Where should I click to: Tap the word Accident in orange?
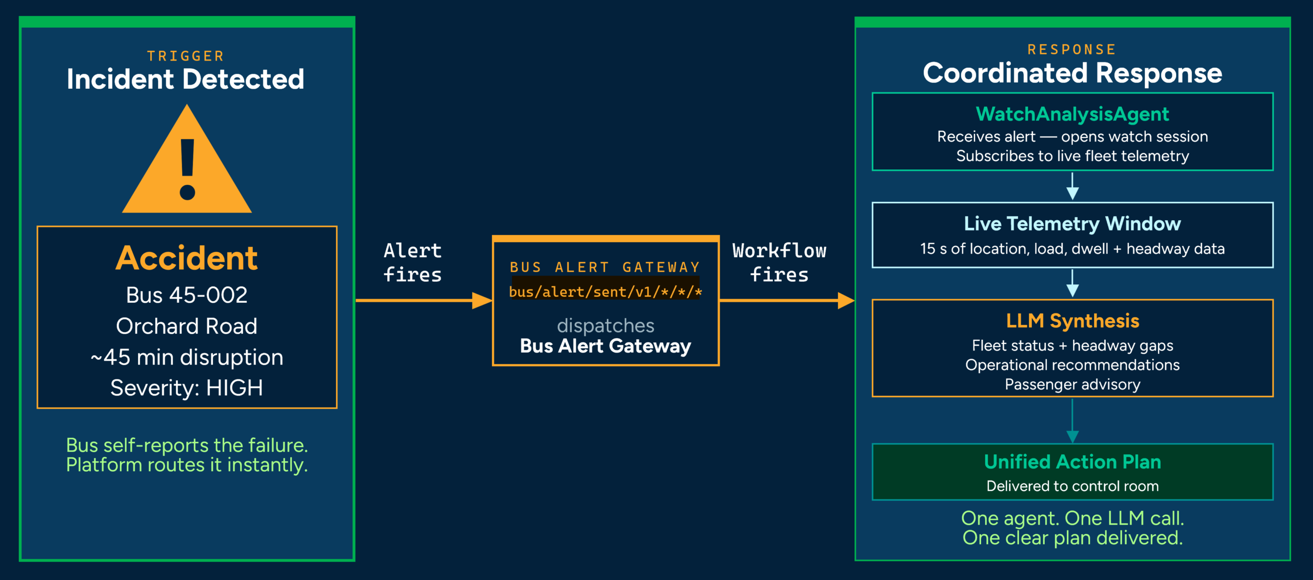(187, 258)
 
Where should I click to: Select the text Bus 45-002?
(187, 295)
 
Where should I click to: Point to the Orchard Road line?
(187, 326)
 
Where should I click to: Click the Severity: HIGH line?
(187, 388)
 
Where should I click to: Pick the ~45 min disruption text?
(187, 357)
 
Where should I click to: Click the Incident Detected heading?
(186, 79)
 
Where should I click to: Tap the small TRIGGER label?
(186, 55)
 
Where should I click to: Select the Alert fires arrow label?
(413, 262)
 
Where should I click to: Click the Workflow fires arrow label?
(780, 262)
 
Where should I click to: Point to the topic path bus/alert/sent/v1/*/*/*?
(606, 292)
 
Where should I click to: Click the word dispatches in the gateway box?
(606, 325)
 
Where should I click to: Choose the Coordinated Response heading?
(1072, 73)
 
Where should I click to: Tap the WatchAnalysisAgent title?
(1072, 114)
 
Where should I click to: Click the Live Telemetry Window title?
(1072, 224)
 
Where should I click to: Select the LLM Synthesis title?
(1072, 321)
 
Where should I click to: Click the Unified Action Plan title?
(1072, 462)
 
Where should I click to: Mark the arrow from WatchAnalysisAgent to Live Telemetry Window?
(1072, 186)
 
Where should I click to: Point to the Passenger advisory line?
(1072, 384)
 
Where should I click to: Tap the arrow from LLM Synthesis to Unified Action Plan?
(1072, 421)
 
